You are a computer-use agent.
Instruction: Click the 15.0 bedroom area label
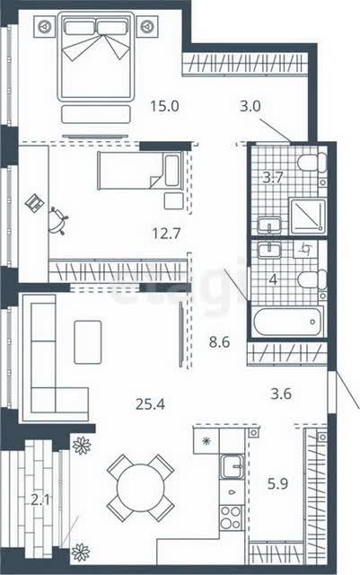tap(164, 106)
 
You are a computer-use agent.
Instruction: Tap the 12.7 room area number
tap(166, 234)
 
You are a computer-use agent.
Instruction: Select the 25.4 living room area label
tap(150, 404)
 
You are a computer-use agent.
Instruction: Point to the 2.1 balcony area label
tap(40, 500)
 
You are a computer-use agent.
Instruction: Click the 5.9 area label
tap(278, 484)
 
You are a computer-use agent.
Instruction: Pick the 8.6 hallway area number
tap(219, 342)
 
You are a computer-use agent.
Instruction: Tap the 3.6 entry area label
tap(281, 394)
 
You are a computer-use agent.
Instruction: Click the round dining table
tap(140, 488)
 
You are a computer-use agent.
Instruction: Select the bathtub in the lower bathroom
tap(289, 322)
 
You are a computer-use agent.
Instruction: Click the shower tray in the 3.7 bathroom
tap(308, 217)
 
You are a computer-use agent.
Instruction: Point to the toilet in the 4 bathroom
tap(312, 279)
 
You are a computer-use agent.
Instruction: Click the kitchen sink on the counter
tap(232, 465)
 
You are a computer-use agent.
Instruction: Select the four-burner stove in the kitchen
tap(231, 517)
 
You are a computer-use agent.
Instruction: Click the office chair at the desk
tap(58, 221)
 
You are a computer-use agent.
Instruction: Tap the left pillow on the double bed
tap(80, 27)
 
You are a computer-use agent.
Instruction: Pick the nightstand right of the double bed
tap(147, 26)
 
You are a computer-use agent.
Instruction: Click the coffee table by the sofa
tap(88, 342)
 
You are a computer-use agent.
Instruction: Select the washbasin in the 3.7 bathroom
tap(269, 226)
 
